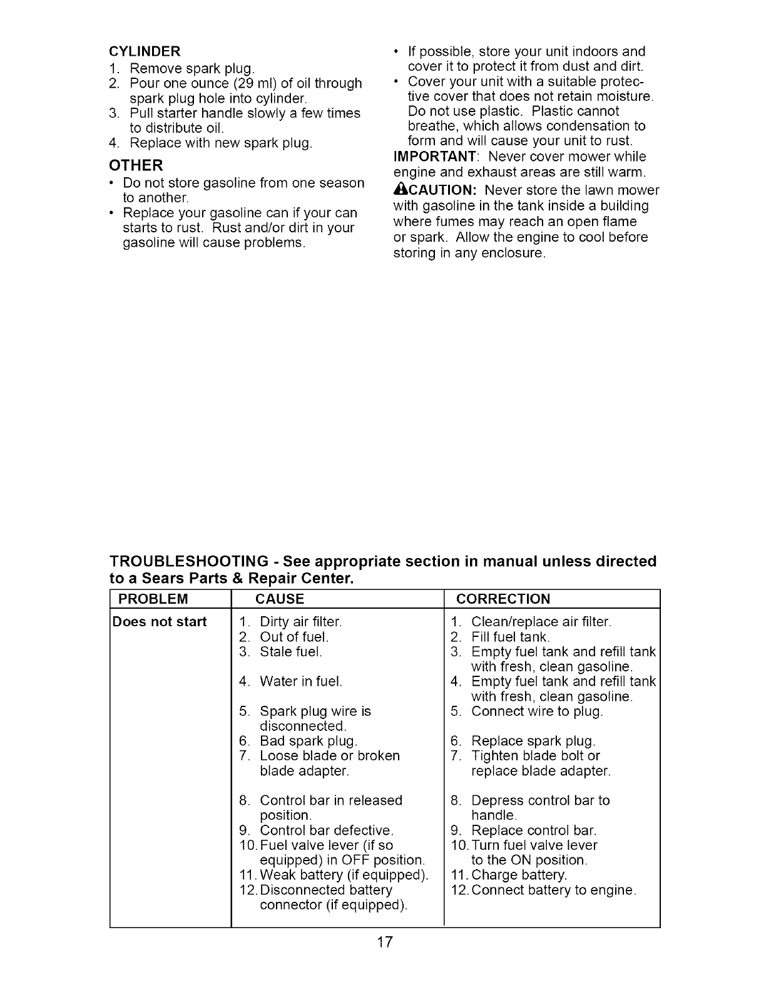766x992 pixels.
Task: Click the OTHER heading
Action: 136,166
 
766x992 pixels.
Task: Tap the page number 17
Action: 384,942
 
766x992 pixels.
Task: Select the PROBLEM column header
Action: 153,599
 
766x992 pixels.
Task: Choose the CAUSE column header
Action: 280,599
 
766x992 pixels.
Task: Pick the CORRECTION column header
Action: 503,599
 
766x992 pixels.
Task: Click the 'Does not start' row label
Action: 159,623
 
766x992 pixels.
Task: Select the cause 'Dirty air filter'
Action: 300,623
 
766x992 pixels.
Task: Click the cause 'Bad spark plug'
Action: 308,741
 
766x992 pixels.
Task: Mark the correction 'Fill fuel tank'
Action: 510,638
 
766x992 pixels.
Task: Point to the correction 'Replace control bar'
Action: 533,831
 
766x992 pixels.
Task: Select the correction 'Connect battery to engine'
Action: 553,891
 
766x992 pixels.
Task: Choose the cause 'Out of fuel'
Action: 294,638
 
